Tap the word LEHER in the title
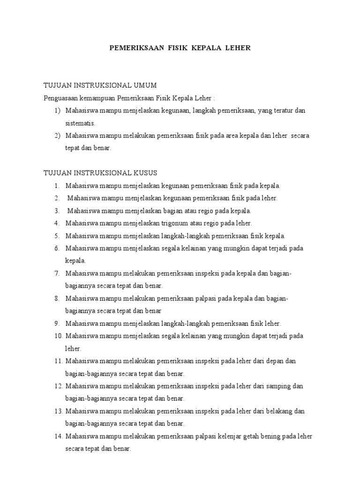tap(238, 48)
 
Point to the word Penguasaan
tap(59, 98)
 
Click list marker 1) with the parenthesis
tap(57, 111)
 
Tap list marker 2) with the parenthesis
tap(57, 135)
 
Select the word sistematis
tap(80, 123)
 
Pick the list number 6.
tap(57, 248)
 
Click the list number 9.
tap(57, 323)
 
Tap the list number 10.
tap(58, 336)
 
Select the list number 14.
tap(58, 436)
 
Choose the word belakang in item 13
tap(281, 412)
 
